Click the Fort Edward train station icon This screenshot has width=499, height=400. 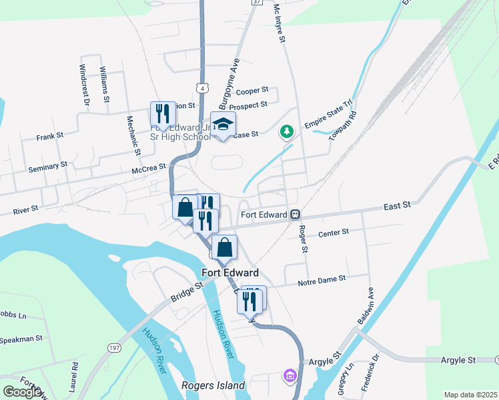294,215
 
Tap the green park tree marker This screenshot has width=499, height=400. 286,131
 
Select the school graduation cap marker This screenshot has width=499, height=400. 223,124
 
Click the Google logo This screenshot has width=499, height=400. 22,392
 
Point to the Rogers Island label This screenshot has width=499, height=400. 213,385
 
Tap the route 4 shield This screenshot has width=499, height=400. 201,88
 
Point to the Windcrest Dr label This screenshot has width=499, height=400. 84,85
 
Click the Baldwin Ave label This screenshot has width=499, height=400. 366,307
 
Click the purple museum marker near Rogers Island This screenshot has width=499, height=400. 290,377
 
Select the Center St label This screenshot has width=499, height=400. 334,233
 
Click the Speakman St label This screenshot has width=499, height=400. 21,339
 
